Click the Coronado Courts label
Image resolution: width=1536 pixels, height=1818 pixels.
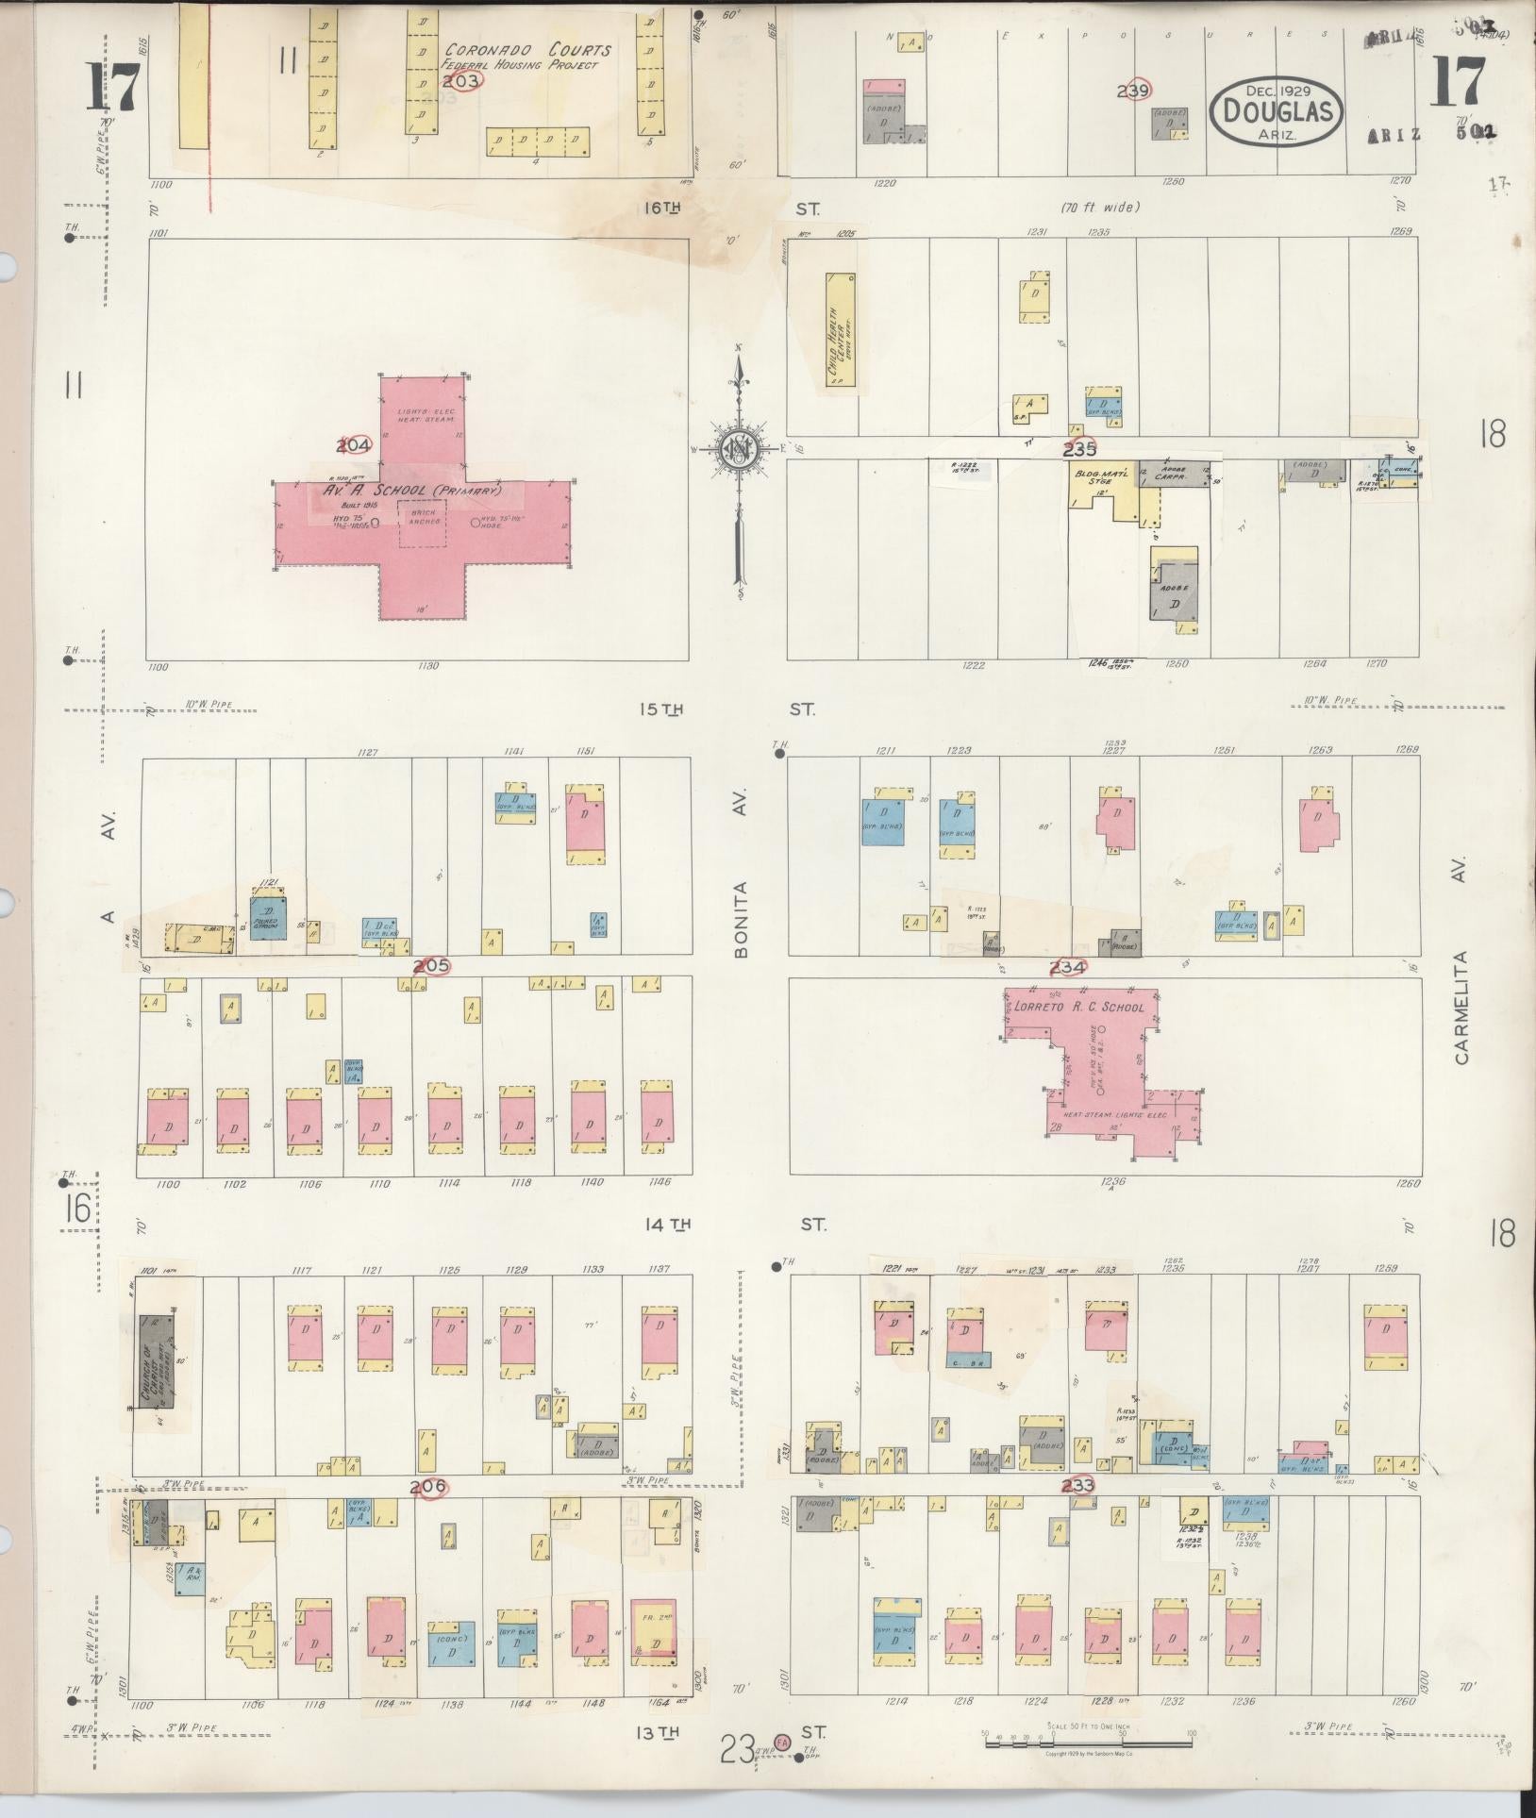[x=527, y=51]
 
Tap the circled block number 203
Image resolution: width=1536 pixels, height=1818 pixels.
[x=461, y=81]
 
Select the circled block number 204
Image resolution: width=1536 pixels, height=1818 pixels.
[x=355, y=444]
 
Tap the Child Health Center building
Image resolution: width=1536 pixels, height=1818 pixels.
[x=840, y=330]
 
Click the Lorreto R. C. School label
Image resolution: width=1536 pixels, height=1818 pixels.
[x=1078, y=1008]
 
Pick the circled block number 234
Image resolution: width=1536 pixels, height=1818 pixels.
[x=1068, y=966]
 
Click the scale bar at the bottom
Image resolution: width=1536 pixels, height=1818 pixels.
[x=1089, y=1742]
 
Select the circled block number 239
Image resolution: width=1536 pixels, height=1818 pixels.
[x=1135, y=91]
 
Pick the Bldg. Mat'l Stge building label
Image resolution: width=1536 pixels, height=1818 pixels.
[x=1094, y=480]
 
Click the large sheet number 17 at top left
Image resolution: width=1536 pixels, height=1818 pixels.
[x=116, y=87]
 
